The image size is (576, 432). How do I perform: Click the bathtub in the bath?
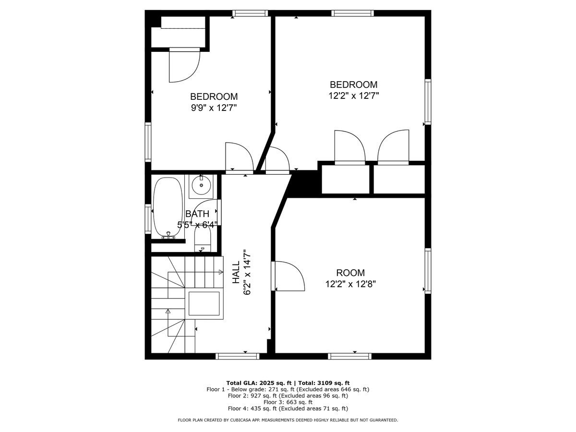(x=168, y=208)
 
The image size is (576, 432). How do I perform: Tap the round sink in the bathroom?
(x=201, y=185)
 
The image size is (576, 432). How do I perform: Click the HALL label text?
(x=236, y=272)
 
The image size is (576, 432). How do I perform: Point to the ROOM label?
(x=350, y=273)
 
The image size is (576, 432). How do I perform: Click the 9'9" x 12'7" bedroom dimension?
(x=214, y=108)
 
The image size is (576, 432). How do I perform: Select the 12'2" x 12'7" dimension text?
(x=353, y=96)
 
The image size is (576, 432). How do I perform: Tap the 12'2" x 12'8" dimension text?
(x=350, y=284)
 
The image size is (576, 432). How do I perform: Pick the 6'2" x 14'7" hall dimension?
(x=247, y=272)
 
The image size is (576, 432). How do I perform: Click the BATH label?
(x=197, y=214)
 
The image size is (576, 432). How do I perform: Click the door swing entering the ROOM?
(x=288, y=276)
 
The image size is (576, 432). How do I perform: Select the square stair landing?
(x=204, y=303)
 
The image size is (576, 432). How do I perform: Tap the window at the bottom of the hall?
(x=238, y=356)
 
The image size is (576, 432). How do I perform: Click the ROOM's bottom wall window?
(x=350, y=356)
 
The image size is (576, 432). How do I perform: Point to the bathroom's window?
(x=148, y=219)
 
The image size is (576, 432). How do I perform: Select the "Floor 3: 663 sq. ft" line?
(x=288, y=402)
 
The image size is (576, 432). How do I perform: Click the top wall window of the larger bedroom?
(x=352, y=13)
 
